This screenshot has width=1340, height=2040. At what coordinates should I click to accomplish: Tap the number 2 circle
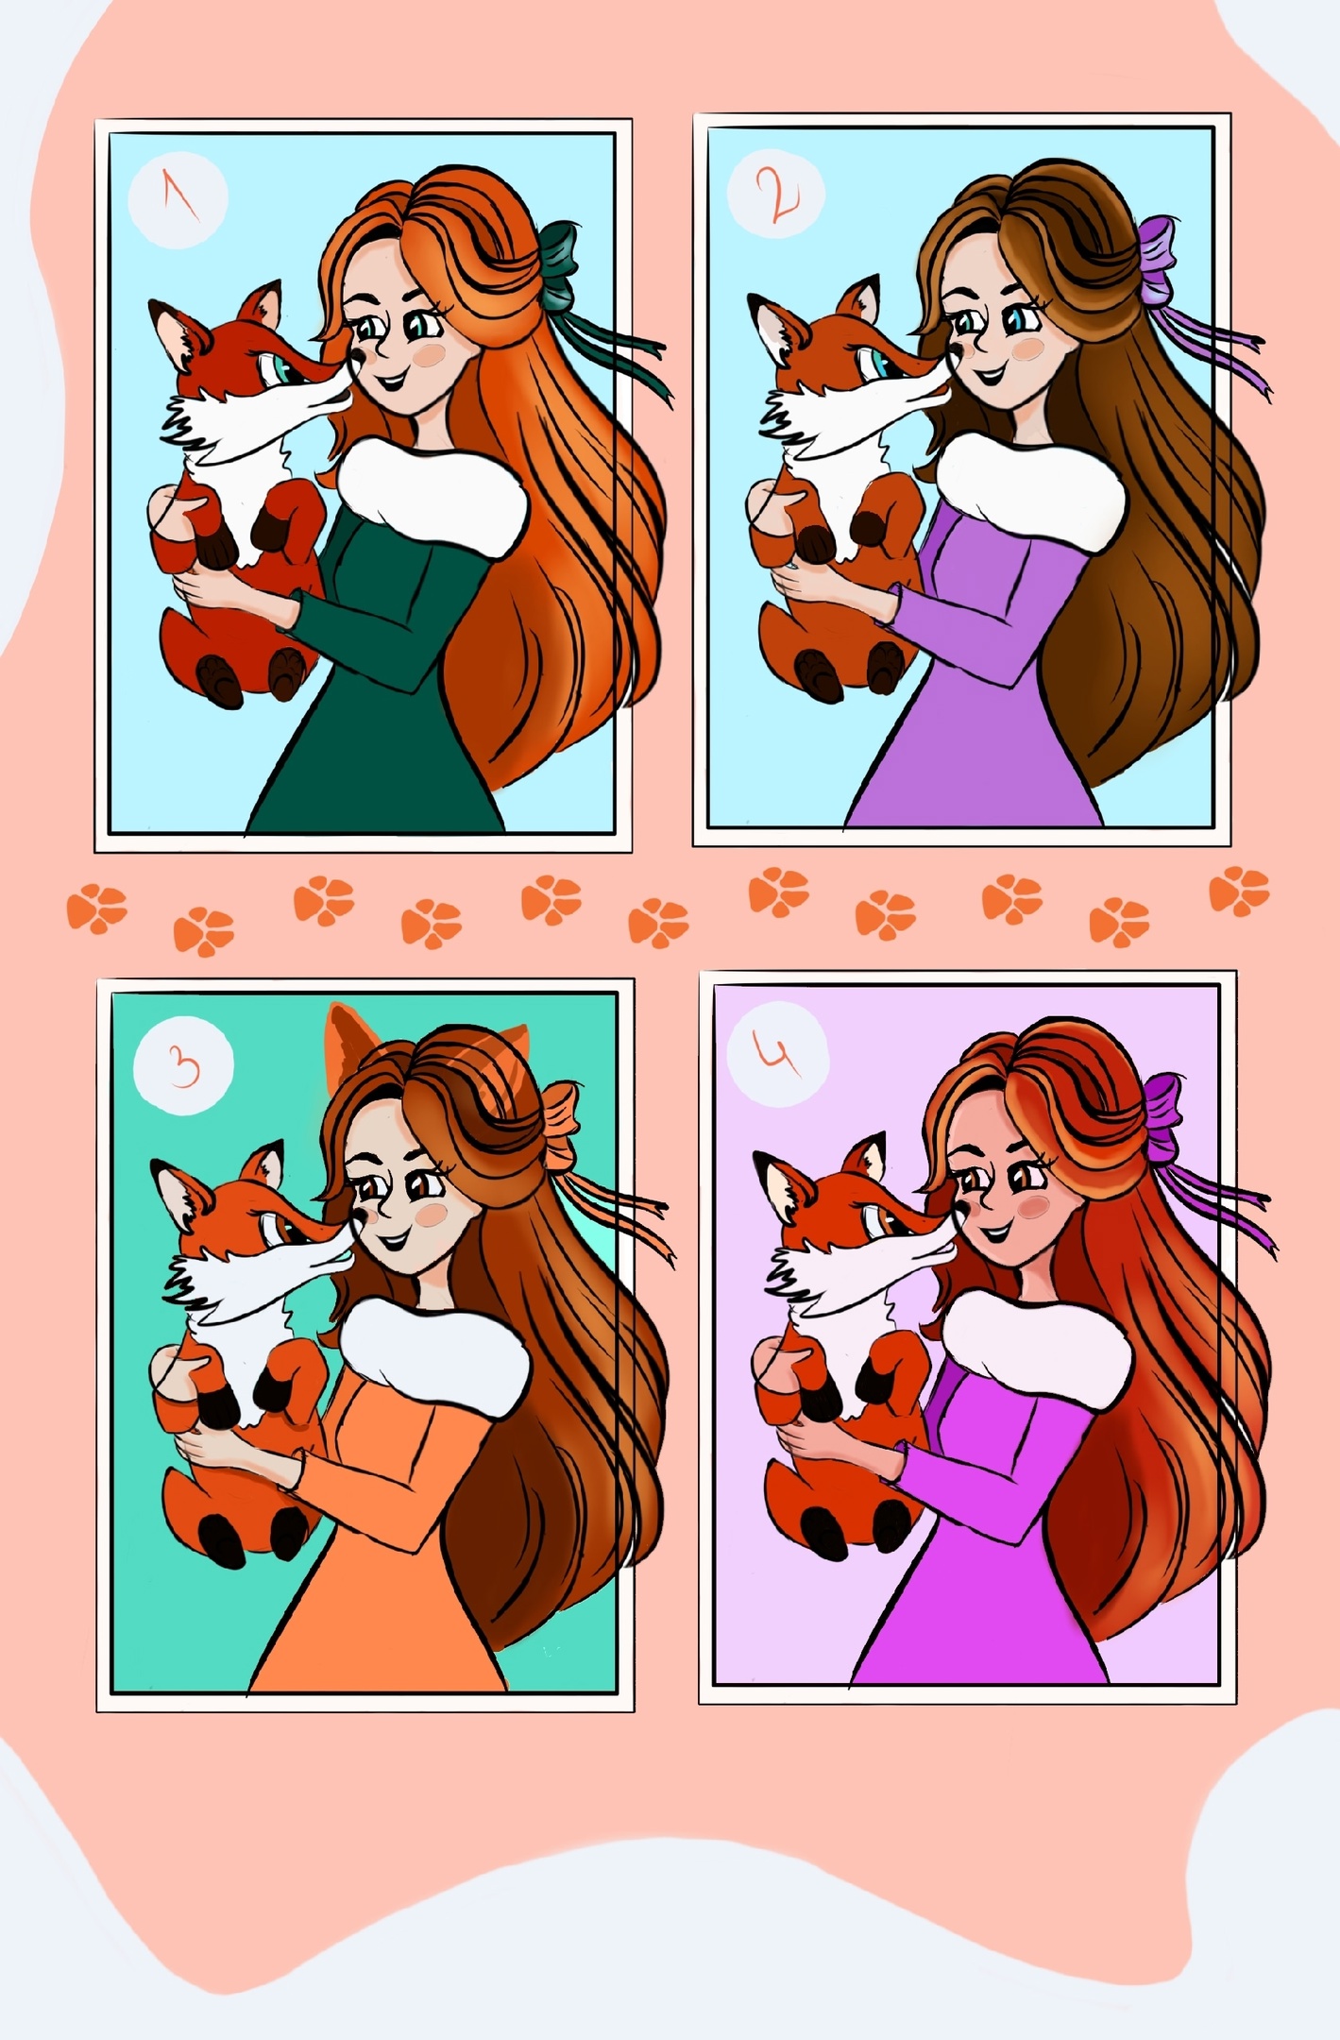point(776,195)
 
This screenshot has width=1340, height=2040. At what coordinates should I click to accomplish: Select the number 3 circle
point(183,1064)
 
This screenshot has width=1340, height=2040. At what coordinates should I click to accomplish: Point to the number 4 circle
point(778,1054)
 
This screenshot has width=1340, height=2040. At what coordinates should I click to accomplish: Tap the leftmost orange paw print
point(96,909)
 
